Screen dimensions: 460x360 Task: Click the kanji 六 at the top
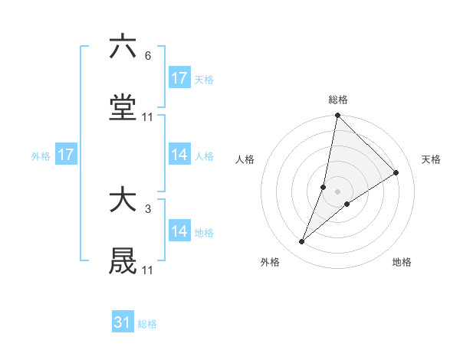(123, 47)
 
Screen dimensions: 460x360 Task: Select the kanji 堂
(123, 110)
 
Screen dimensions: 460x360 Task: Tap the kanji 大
(123, 201)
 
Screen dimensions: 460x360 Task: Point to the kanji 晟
(123, 263)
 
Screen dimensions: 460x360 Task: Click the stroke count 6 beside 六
(147, 55)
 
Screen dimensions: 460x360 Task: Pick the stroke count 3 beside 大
(147, 208)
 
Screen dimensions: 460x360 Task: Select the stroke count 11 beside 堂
(148, 117)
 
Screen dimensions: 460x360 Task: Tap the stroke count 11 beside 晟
(148, 270)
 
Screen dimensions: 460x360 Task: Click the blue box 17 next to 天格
(179, 78)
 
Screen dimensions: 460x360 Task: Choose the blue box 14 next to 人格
(179, 155)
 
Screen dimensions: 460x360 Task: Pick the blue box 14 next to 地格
(179, 231)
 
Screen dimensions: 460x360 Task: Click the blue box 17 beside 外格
(66, 155)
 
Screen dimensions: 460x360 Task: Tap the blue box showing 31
(123, 322)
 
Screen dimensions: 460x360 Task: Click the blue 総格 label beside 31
(147, 324)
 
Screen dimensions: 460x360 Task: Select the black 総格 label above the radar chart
(338, 100)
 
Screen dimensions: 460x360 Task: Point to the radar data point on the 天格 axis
(396, 172)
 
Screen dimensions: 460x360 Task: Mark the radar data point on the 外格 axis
(302, 242)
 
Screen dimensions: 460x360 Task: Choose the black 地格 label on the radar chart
(402, 262)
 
